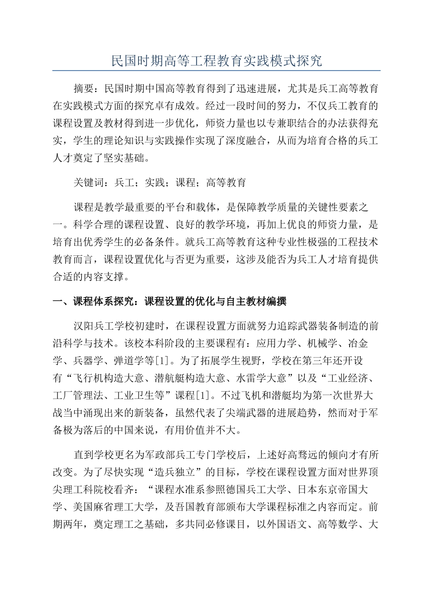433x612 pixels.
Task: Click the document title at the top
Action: tap(216, 61)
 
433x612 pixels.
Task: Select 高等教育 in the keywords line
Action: tap(226, 183)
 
